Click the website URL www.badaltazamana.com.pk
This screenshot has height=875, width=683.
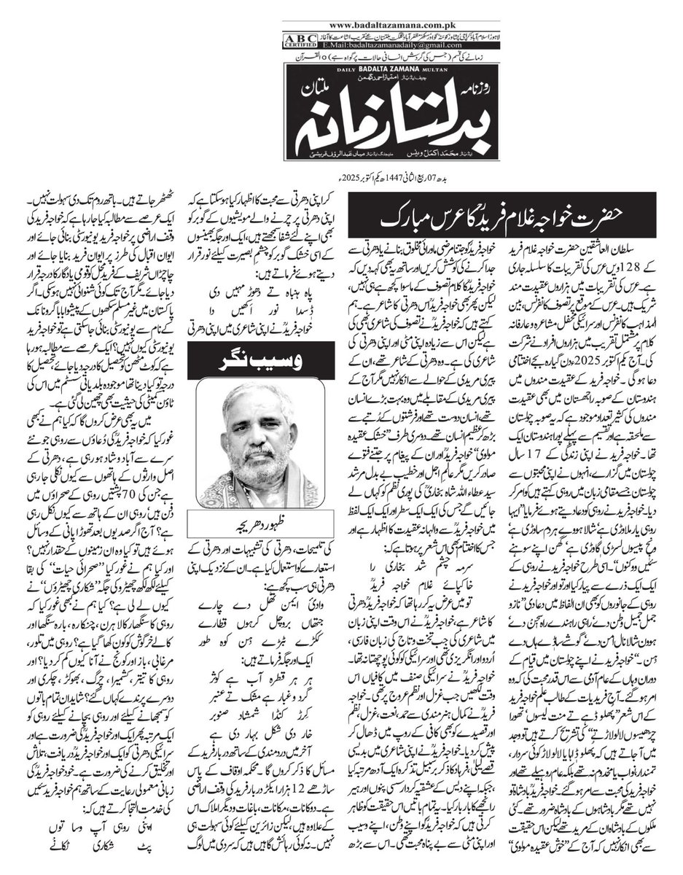392,26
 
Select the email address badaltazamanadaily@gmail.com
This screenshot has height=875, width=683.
393,45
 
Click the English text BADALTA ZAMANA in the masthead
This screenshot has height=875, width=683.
389,69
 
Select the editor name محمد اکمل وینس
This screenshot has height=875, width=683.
433,154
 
